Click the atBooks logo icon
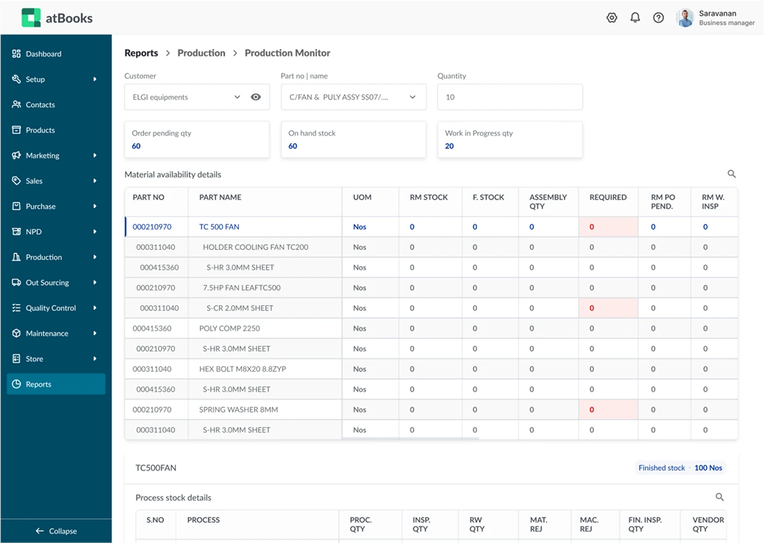tap(31, 17)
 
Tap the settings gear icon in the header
tap(612, 17)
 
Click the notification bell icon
tap(635, 17)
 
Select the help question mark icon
tap(658, 17)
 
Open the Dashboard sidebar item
tap(43, 54)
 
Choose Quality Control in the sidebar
tap(51, 308)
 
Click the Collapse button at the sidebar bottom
tap(56, 531)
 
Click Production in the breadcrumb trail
tap(201, 53)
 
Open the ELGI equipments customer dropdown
tap(237, 97)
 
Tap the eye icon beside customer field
tap(256, 97)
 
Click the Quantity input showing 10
tap(510, 97)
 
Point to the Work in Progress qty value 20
tap(449, 146)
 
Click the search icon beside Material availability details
tap(731, 174)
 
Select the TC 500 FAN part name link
tap(219, 227)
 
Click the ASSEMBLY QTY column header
tap(548, 201)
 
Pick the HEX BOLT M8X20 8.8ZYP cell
tap(242, 369)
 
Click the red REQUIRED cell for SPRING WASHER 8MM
tap(608, 410)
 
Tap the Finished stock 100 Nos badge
tap(680, 468)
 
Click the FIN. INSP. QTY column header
tap(645, 524)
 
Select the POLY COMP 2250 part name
tap(230, 328)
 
